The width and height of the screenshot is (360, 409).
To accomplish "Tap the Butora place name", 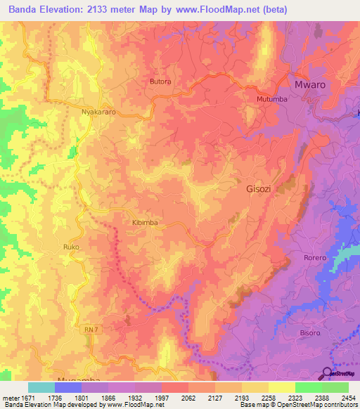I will [x=160, y=82].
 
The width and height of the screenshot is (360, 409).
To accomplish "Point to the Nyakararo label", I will [x=99, y=112].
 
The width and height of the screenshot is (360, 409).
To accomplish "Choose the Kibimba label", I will [x=145, y=222].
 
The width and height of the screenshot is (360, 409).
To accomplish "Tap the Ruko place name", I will [x=70, y=247].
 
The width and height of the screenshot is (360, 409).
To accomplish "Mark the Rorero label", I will [x=315, y=258].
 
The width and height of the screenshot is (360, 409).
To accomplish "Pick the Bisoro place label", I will [x=309, y=332].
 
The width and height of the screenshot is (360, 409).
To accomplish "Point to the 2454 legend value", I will [x=349, y=398].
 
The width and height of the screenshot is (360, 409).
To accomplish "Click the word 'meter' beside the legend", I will [x=9, y=398].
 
